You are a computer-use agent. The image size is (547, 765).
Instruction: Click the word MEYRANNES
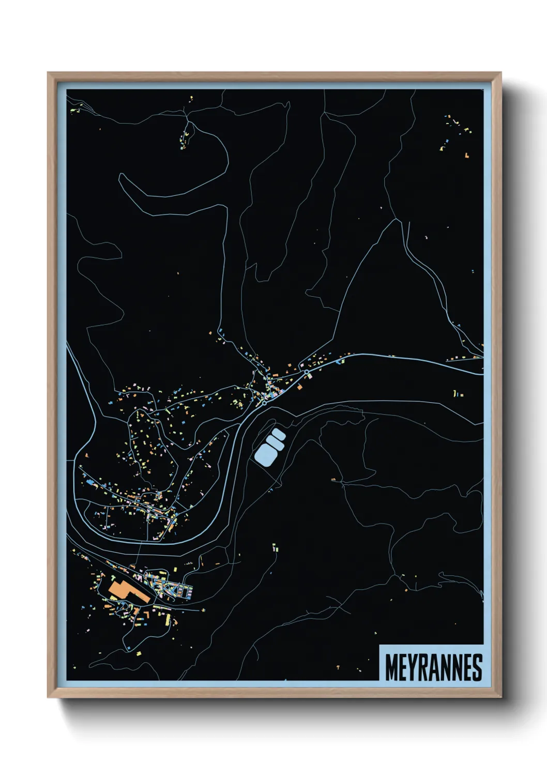click(x=433, y=667)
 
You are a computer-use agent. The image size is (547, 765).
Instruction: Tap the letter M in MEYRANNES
click(x=391, y=667)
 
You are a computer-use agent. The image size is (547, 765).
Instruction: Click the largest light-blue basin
click(x=265, y=455)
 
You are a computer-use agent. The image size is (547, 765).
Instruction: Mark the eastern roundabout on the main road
click(x=307, y=372)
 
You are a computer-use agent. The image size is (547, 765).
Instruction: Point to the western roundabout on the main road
click(x=264, y=403)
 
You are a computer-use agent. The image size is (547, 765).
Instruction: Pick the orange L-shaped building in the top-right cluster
click(x=467, y=155)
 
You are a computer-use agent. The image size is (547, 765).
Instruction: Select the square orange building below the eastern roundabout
click(x=299, y=386)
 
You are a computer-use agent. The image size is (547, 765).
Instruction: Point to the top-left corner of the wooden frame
click(x=49, y=73)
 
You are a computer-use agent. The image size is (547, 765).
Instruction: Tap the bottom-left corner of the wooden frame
click(x=49, y=697)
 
